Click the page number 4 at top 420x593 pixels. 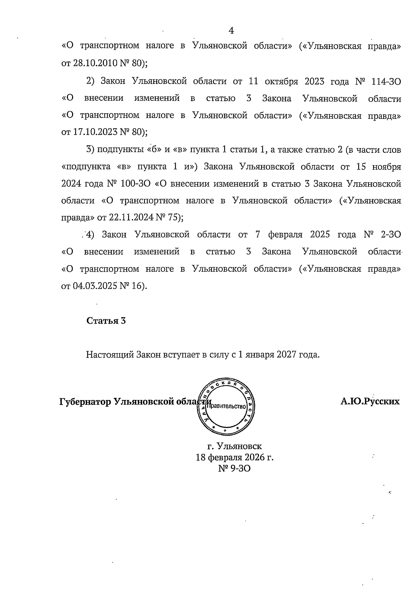231,30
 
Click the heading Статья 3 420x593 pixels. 106,321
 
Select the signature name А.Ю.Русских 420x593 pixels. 370,401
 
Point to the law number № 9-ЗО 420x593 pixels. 234,468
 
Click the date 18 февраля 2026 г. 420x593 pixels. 234,457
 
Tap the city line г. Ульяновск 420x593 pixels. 234,446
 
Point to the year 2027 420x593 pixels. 286,355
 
